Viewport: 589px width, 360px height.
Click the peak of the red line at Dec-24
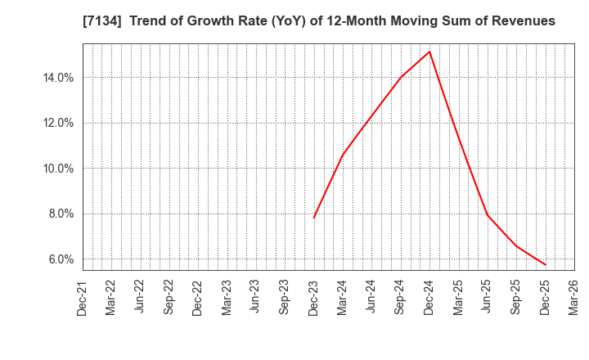(429, 52)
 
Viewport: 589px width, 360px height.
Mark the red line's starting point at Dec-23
(314, 218)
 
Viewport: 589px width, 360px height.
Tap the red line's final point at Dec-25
(545, 265)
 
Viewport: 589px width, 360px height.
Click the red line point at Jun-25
(488, 215)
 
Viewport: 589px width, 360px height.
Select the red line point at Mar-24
(343, 155)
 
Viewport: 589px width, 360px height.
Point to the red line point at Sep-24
(401, 77)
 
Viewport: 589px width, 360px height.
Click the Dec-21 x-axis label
(83, 298)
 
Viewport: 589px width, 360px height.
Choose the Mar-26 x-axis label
(574, 298)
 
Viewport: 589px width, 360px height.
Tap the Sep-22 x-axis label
(169, 298)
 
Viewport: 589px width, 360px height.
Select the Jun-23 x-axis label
(256, 298)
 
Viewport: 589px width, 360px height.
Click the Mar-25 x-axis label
(459, 298)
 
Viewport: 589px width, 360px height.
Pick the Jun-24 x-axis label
(372, 298)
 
